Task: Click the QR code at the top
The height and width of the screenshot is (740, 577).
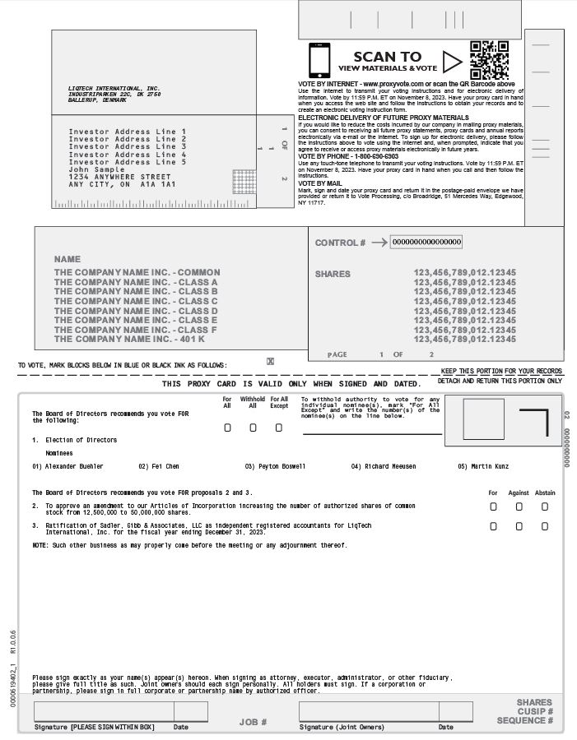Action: tap(489, 60)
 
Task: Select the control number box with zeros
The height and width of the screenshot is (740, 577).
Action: tap(426, 242)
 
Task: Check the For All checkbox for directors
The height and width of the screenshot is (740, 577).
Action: tap(228, 428)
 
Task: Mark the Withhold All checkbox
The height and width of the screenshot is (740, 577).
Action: tap(253, 428)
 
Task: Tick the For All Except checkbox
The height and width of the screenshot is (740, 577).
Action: tap(279, 428)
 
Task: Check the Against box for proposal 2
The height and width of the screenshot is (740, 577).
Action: tap(519, 506)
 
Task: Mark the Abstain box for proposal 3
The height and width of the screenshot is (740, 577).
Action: tap(544, 526)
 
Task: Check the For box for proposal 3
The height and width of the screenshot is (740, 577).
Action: tap(493, 526)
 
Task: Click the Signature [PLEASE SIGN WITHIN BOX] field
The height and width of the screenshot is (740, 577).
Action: tap(103, 711)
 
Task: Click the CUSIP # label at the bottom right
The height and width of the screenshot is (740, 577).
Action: tap(535, 711)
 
